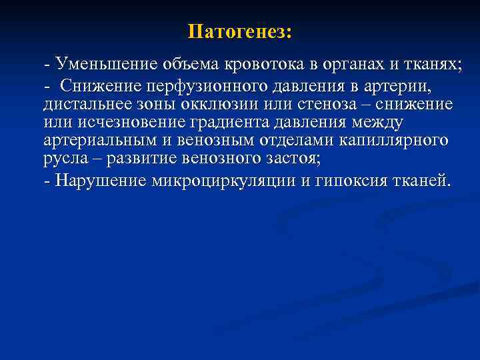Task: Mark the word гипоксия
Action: point(355,179)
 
